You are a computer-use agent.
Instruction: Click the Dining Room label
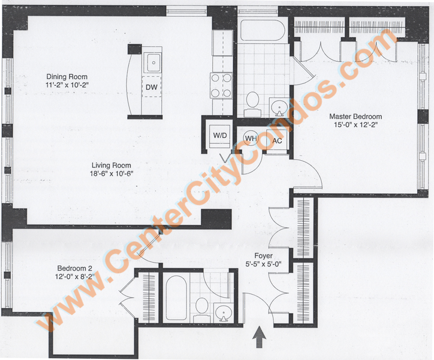click(x=67, y=76)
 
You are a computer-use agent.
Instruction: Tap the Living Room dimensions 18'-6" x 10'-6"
click(x=111, y=174)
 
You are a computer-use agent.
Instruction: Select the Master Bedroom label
click(x=355, y=116)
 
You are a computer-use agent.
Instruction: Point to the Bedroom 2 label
click(x=75, y=268)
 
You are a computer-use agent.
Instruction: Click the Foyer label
click(x=264, y=256)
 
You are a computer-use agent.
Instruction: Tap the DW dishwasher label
click(x=152, y=87)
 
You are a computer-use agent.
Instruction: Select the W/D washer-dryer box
click(x=220, y=136)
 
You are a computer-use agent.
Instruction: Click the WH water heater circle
click(x=251, y=139)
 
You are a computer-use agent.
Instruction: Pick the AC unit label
click(x=277, y=141)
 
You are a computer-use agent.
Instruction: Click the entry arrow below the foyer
click(x=260, y=337)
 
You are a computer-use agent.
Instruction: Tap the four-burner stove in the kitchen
click(x=221, y=85)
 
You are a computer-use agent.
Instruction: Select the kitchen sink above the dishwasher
click(x=153, y=62)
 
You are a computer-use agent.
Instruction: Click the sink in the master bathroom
click(x=279, y=107)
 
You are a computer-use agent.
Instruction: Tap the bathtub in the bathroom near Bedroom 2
click(x=176, y=298)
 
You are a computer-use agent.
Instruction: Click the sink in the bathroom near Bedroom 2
click(x=223, y=313)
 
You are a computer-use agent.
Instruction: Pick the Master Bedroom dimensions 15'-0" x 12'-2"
click(x=355, y=125)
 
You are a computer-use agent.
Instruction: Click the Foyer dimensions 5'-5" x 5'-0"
click(x=264, y=264)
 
